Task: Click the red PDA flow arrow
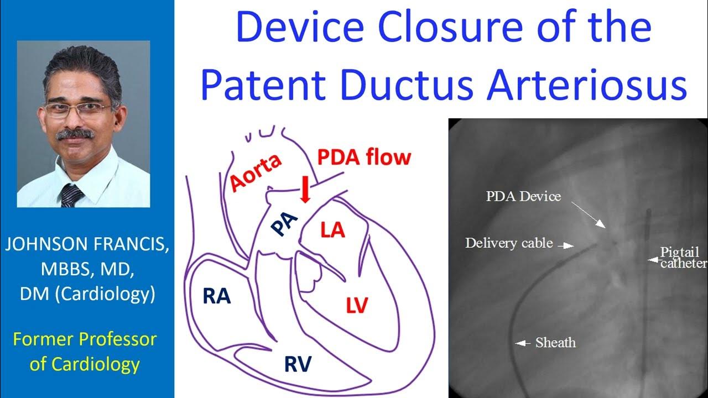[x=304, y=192]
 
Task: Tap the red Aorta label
[x=256, y=172]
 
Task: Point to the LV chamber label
[x=357, y=305]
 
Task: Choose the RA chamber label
[x=216, y=296]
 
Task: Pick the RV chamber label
[x=298, y=364]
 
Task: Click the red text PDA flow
[x=364, y=158]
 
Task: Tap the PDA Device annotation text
[x=523, y=196]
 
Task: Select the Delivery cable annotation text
[x=509, y=243]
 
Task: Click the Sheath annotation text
[x=555, y=343]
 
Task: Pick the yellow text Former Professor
[x=85, y=339]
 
